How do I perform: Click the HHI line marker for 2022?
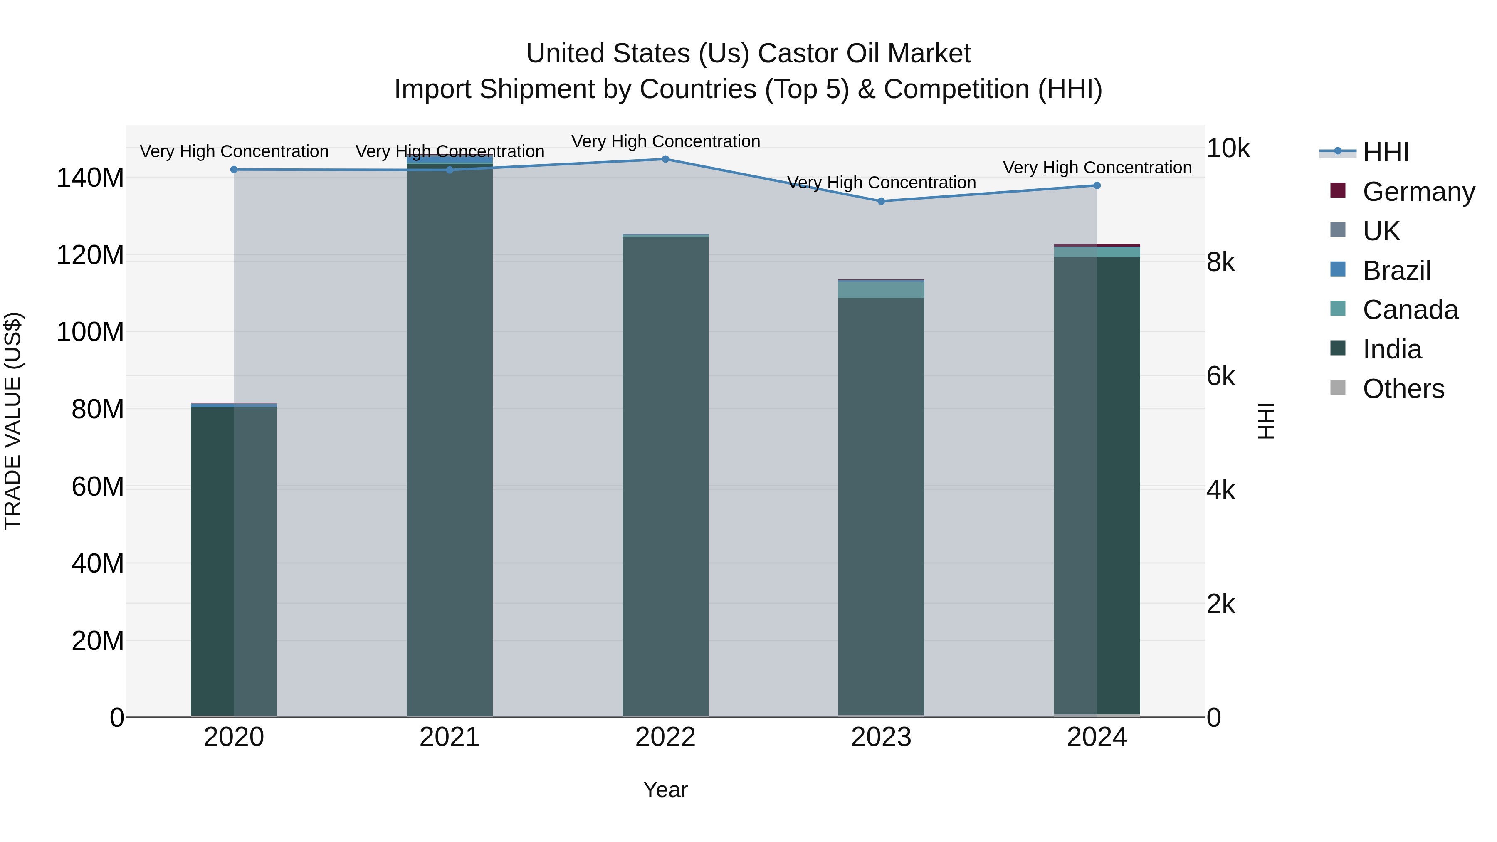coord(665,159)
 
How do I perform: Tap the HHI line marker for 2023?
coord(881,201)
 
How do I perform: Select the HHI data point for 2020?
coord(234,170)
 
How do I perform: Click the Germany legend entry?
coord(1418,192)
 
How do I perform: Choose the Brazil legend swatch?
coord(1338,269)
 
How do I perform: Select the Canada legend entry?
coord(1410,310)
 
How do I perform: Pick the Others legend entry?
coord(1403,389)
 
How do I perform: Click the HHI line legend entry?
coord(1386,152)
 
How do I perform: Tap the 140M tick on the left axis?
coord(90,178)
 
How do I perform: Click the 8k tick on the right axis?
coord(1221,263)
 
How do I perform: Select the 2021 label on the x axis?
coord(449,737)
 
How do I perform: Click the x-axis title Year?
coord(665,790)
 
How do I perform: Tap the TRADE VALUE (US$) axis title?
coord(13,421)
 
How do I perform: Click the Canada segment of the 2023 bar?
coord(881,289)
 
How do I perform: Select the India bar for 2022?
coord(665,477)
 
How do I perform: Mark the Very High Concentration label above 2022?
coord(665,141)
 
